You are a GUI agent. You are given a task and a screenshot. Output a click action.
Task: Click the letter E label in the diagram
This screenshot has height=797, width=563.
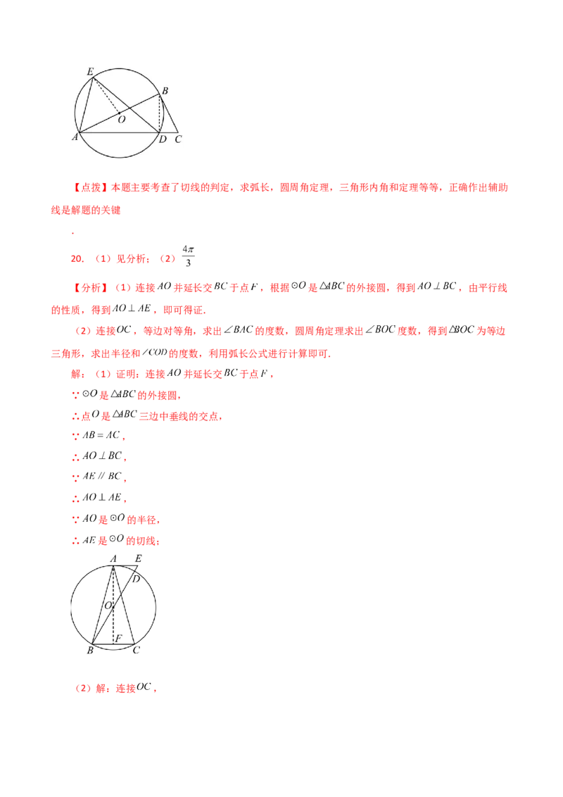[89, 71]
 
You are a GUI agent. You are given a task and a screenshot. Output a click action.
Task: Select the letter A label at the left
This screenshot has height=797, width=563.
[75, 137]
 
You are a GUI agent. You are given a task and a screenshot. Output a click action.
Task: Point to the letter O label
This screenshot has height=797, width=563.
[122, 120]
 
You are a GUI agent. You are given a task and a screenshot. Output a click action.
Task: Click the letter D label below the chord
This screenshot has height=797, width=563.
[163, 139]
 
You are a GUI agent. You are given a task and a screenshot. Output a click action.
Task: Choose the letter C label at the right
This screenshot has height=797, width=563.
[178, 139]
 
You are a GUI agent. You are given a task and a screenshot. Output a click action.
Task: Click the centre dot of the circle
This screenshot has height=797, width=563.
[118, 112]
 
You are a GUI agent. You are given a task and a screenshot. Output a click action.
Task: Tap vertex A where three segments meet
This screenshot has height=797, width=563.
[80, 132]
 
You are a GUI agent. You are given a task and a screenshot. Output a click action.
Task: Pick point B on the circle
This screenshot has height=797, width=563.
[160, 96]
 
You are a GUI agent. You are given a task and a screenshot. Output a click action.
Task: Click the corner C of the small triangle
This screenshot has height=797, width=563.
[177, 132]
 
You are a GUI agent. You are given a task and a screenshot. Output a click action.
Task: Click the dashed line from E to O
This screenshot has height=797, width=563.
[106, 94]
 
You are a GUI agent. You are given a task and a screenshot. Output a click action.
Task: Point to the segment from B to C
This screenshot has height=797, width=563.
[169, 114]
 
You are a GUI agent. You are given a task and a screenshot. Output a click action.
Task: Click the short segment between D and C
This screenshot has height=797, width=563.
[170, 132]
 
